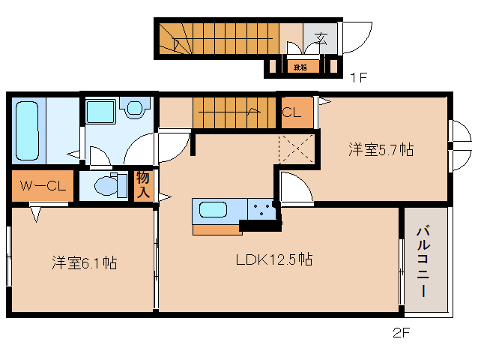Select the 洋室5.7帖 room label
coord(381,149)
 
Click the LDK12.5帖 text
coord(274,260)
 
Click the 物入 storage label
coord(142,185)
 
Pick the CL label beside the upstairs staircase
coord(292,112)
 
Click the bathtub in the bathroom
coord(28,127)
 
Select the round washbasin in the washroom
coord(134,109)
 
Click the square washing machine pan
coord(100,112)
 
